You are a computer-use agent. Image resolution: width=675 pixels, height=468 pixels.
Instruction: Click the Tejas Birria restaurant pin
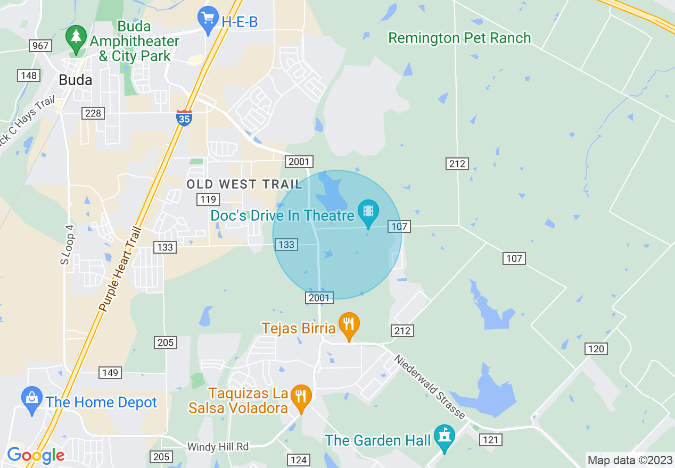click(x=349, y=325)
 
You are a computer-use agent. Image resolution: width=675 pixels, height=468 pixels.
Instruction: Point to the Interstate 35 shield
click(x=184, y=118)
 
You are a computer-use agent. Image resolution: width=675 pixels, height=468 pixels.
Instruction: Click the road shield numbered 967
click(x=40, y=46)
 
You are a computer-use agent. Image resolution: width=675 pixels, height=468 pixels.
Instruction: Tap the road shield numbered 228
click(x=93, y=113)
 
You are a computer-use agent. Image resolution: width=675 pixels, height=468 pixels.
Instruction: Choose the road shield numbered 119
click(x=208, y=199)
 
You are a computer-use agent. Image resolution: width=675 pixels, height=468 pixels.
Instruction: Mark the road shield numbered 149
click(x=110, y=373)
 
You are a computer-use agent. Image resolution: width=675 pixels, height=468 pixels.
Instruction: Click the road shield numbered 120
click(x=596, y=349)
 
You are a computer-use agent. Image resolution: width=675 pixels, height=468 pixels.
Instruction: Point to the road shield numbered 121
click(x=490, y=440)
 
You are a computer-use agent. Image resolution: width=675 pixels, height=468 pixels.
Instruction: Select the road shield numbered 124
click(x=298, y=459)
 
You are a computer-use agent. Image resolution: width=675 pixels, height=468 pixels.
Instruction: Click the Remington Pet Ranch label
click(x=459, y=38)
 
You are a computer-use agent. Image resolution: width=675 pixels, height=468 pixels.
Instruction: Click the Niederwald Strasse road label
click(x=430, y=387)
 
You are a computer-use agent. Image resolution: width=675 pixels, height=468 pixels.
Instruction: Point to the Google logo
click(x=36, y=455)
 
